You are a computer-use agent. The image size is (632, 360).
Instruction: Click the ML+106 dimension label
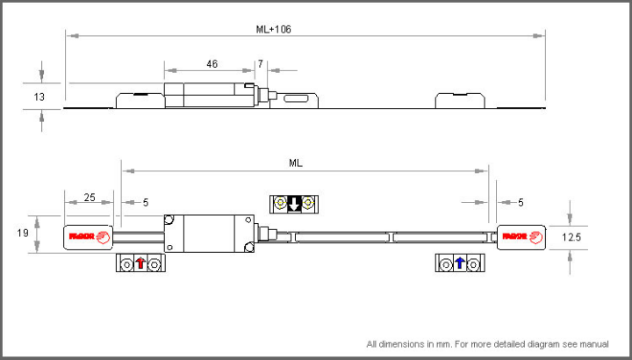click(x=273, y=30)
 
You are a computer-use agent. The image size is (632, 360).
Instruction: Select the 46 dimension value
click(x=212, y=64)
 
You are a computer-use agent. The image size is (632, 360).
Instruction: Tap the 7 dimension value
click(x=261, y=64)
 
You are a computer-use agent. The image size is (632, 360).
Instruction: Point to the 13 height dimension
click(x=39, y=97)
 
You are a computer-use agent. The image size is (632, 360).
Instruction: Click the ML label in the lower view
click(x=296, y=162)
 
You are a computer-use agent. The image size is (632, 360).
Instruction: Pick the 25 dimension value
click(x=90, y=198)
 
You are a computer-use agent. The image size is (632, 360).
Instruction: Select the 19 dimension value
click(x=23, y=233)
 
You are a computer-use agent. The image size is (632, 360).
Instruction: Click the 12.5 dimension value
click(x=571, y=237)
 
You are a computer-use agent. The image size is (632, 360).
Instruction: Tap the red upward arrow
click(x=140, y=263)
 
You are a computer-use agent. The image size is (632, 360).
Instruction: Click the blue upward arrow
click(x=459, y=263)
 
